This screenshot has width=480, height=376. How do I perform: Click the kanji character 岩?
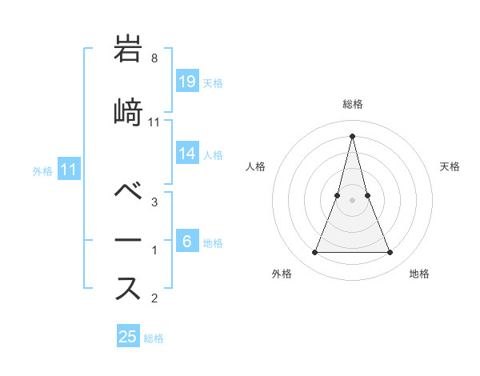(129, 50)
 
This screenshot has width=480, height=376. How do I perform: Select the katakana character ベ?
(129, 192)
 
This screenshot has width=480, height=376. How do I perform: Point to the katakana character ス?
(129, 287)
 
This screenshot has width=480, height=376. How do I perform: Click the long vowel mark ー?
(129, 240)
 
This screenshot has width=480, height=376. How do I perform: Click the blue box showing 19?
(187, 82)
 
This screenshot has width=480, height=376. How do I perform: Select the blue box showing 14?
(187, 154)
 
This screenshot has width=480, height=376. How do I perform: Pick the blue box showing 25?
(128, 337)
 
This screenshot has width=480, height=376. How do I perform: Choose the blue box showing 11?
(69, 170)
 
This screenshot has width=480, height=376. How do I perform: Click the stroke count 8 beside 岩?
(154, 58)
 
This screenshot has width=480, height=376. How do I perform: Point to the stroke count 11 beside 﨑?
(154, 122)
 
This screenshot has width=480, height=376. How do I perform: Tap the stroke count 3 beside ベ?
(154, 202)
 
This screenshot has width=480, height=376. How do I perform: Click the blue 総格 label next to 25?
(154, 338)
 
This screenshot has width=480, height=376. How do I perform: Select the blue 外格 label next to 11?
(42, 171)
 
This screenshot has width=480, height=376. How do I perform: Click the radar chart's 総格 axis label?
(352, 104)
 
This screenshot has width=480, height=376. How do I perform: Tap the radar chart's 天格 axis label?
(450, 166)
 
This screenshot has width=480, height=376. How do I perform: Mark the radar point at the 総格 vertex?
(352, 135)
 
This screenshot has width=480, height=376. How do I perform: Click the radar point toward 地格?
(390, 253)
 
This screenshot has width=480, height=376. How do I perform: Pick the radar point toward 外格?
(314, 253)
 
